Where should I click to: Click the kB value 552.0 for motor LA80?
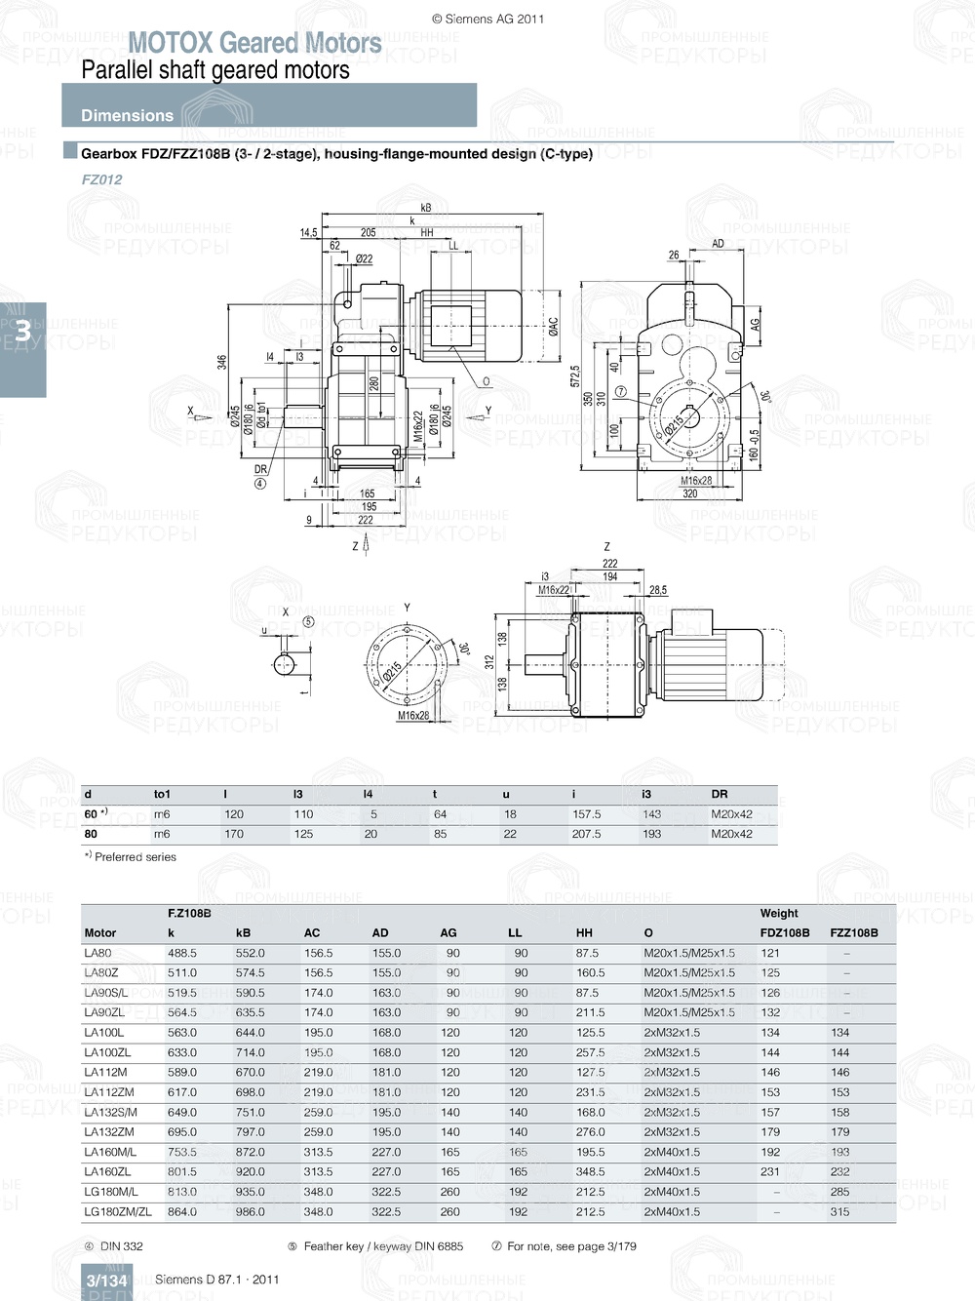tap(250, 953)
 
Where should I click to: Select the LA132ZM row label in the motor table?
tap(109, 1132)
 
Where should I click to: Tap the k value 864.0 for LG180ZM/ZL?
tap(182, 1212)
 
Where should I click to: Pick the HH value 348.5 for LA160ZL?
tap(590, 1172)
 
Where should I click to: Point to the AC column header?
tap(312, 933)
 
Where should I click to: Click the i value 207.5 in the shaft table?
tap(586, 835)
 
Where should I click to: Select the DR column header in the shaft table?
tap(720, 795)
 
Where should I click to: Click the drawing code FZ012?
tap(101, 179)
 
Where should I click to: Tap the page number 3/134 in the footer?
tap(106, 1281)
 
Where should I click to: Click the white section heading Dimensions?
tap(127, 115)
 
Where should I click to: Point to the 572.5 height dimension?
tap(575, 376)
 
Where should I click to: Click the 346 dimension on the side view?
tap(221, 362)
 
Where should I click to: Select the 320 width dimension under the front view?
tap(689, 494)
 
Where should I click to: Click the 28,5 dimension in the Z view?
tap(658, 590)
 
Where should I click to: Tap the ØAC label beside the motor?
tap(553, 326)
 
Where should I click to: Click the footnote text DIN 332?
tap(121, 1246)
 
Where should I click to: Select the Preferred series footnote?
tap(135, 857)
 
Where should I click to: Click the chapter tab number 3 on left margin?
tap(22, 332)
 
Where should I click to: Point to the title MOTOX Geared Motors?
tap(254, 43)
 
